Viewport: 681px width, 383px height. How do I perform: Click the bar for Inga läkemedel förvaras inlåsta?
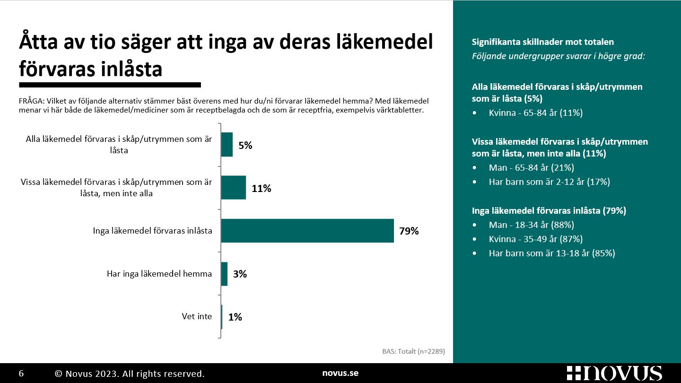click(307, 231)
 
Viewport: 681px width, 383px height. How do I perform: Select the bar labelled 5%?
click(227, 145)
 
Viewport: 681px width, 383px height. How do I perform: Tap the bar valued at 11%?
click(234, 188)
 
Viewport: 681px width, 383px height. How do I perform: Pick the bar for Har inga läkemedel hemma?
click(224, 274)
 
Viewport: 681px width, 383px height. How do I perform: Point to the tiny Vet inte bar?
click(222, 317)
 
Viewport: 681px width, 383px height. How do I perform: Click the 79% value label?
click(409, 231)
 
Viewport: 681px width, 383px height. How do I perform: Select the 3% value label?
click(240, 274)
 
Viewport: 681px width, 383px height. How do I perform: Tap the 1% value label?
click(235, 317)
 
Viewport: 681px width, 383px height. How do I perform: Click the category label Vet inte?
click(197, 316)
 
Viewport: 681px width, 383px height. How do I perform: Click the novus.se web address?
click(340, 373)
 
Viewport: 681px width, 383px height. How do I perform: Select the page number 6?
click(21, 374)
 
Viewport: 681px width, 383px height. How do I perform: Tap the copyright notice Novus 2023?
click(130, 374)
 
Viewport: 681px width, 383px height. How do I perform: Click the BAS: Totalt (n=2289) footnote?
click(413, 351)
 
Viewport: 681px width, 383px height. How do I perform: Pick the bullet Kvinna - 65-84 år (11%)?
click(535, 113)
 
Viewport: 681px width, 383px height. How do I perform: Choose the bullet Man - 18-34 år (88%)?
click(531, 225)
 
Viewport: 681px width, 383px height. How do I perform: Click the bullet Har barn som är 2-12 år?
click(549, 182)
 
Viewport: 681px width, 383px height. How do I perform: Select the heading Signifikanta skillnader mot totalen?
click(543, 42)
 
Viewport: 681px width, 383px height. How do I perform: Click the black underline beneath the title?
click(110, 85)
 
